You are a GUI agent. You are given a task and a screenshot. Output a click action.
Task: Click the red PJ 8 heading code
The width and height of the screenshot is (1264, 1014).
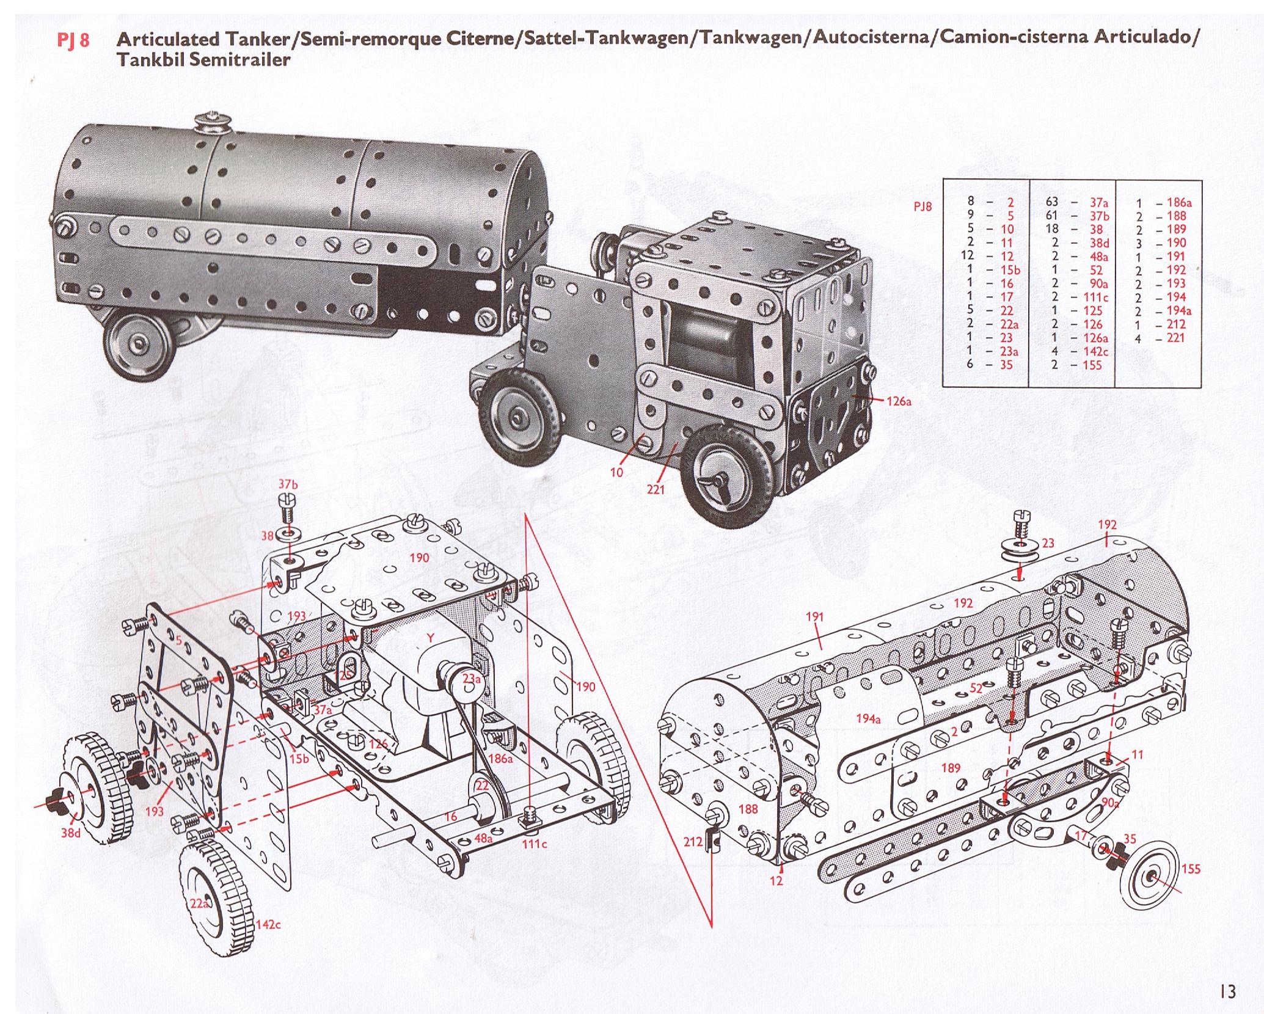click(x=72, y=41)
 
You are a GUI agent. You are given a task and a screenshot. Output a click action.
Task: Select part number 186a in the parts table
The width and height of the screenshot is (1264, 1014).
click(x=1180, y=202)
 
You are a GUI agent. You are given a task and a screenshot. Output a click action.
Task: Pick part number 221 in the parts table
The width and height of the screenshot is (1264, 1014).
click(x=1175, y=337)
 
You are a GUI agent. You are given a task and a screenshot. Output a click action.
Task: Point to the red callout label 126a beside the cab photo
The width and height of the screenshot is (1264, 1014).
click(x=899, y=402)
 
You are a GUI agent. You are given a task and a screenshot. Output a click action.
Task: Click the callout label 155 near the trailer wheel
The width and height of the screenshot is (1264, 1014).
click(x=1191, y=869)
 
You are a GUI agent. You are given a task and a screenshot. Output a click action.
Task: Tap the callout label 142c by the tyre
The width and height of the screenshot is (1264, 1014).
click(x=268, y=925)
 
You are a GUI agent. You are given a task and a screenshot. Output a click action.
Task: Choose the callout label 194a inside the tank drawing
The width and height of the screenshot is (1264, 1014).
click(x=868, y=719)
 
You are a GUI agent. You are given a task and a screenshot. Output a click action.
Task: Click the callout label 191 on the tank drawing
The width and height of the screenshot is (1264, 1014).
click(x=815, y=617)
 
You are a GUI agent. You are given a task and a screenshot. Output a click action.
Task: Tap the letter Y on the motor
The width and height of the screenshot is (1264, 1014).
click(x=430, y=638)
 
